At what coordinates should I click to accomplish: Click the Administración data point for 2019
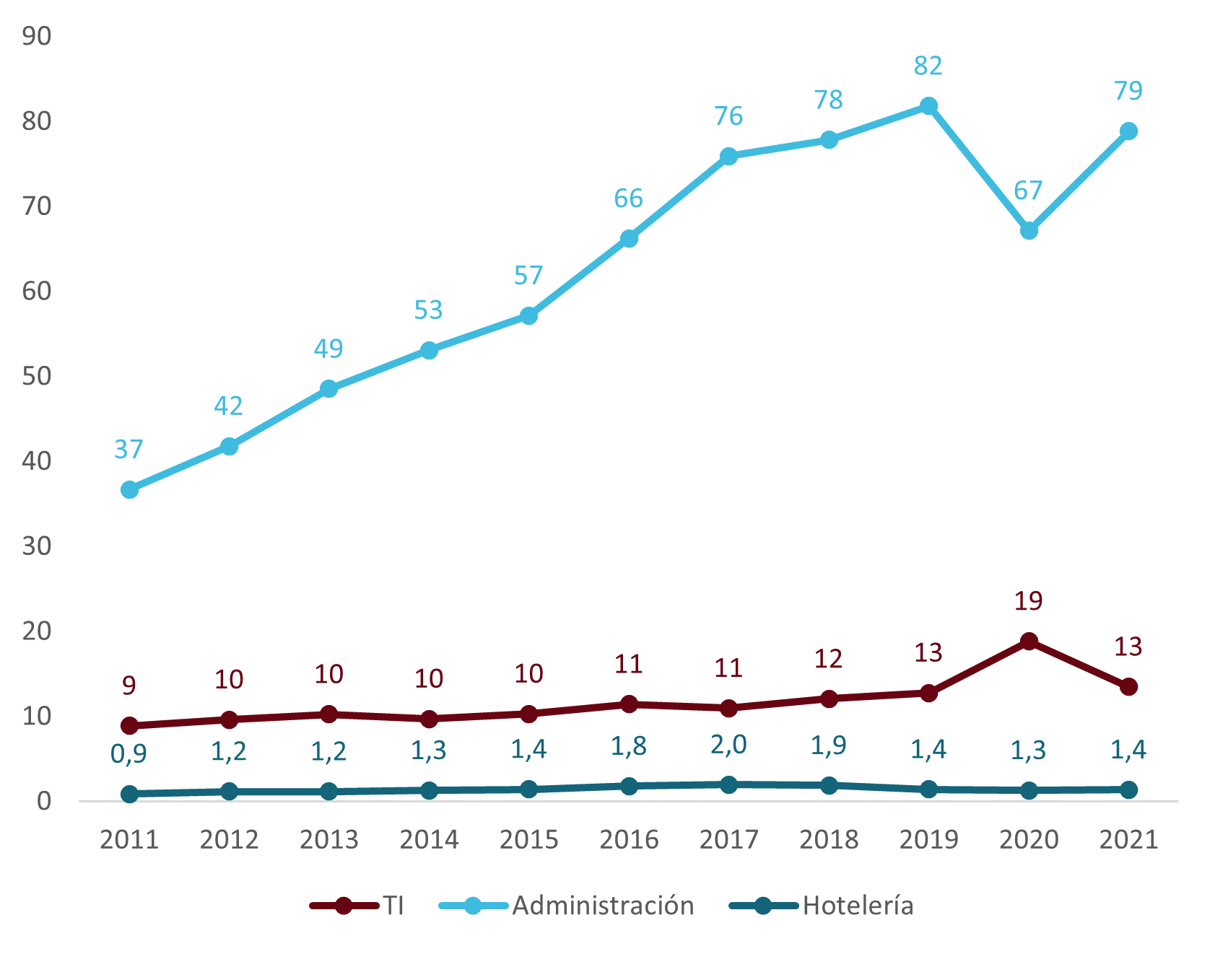click(x=928, y=106)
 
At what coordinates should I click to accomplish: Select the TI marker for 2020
click(x=1029, y=642)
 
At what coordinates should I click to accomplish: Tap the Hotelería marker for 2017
click(x=728, y=784)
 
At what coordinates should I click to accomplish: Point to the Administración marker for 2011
click(x=129, y=490)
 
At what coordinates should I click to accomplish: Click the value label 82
click(x=928, y=66)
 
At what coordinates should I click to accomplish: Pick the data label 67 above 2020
click(x=1028, y=191)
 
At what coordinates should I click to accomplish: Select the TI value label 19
click(x=1028, y=601)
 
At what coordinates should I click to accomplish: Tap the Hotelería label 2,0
click(x=728, y=745)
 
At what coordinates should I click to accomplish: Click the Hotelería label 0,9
click(x=129, y=754)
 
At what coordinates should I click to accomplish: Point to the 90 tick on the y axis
click(x=37, y=36)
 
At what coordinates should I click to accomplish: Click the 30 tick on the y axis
click(x=37, y=546)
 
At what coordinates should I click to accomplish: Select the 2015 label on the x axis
click(x=529, y=840)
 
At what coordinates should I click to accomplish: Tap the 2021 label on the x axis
click(x=1128, y=840)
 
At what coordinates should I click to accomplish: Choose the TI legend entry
click(x=357, y=906)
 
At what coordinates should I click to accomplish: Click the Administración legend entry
click(x=567, y=906)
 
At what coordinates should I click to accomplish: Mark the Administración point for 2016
click(x=629, y=239)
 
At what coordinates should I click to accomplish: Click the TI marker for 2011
click(x=129, y=725)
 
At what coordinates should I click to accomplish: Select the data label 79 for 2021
click(x=1128, y=92)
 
